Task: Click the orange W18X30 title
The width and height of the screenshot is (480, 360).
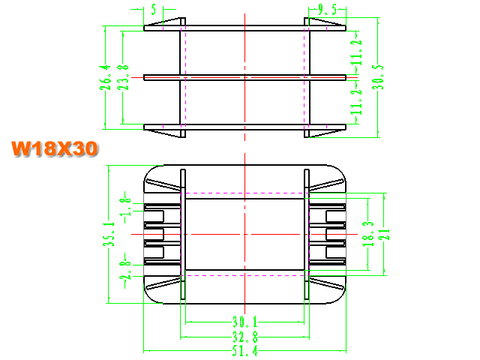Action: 55,148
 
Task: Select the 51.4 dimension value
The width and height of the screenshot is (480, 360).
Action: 245,350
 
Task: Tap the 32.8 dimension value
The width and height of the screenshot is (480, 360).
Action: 245,337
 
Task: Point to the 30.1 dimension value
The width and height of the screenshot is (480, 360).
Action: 245,322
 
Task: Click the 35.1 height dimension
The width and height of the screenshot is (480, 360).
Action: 109,234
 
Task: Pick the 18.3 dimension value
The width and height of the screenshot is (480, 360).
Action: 368,234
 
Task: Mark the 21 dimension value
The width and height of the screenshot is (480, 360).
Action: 385,234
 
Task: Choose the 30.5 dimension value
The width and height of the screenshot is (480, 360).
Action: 378,77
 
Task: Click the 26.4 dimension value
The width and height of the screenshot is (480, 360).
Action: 105,77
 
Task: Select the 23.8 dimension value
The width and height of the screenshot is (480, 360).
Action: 123,77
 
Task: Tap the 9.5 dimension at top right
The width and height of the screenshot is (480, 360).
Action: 327,10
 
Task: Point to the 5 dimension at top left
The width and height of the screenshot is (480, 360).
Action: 154,10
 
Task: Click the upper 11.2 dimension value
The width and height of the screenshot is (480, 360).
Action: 356,52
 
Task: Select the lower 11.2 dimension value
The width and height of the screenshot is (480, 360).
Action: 356,102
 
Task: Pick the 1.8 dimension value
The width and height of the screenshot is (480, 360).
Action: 127,207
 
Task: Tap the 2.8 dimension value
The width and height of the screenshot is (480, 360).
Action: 125,270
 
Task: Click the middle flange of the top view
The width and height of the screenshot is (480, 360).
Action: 245,77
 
